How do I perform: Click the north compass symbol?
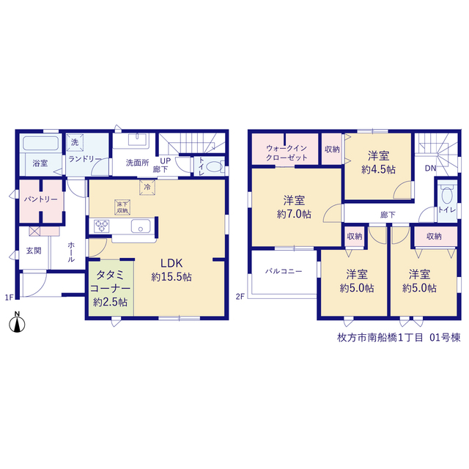(17, 322)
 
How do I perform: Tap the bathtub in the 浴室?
(41, 143)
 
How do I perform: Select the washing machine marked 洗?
(75, 142)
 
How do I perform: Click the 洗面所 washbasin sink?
(138, 139)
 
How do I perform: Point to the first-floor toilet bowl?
(214, 167)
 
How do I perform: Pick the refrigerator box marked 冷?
(147, 188)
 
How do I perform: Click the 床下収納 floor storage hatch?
(122, 207)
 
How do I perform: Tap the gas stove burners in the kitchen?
(102, 226)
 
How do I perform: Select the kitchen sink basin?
(141, 226)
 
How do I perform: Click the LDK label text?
(171, 263)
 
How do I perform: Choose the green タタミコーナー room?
(111, 288)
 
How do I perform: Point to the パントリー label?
(41, 199)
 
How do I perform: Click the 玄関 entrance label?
(34, 251)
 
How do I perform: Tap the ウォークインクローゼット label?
(287, 153)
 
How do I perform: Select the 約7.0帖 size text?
(294, 214)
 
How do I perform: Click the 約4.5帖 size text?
(378, 170)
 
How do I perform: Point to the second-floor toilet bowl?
(446, 196)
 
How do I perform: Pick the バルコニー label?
(284, 271)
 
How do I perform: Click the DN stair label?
(430, 169)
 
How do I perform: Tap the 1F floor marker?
(9, 298)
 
